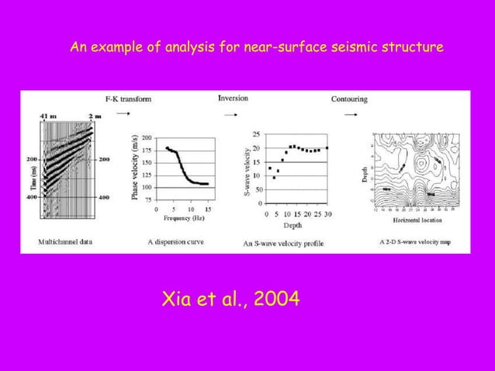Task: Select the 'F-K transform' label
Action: point(128,99)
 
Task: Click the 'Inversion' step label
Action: point(233,99)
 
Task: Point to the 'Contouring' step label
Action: point(349,99)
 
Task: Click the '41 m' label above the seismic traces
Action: point(47,116)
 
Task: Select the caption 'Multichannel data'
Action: point(67,241)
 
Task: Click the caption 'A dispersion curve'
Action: point(175,241)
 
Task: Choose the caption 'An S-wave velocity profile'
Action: point(282,244)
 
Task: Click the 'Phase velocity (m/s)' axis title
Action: point(134,166)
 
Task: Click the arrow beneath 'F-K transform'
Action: point(122,113)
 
